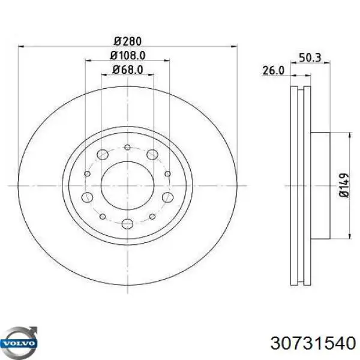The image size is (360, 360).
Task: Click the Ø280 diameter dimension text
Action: click(127, 41)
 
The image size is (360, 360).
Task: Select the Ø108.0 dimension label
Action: click(127, 56)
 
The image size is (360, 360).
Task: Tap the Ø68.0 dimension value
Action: click(127, 70)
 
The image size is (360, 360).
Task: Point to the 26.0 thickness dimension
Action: click(272, 70)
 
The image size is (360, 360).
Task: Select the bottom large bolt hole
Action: click(127, 224)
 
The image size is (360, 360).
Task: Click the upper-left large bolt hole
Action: click(103, 155)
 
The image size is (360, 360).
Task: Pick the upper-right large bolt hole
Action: click(152, 155)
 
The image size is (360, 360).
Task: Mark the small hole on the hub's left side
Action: click(88, 174)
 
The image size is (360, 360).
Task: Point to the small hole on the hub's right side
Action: click(167, 174)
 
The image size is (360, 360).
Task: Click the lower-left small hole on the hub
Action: click(103, 216)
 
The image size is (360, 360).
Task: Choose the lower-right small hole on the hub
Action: click(152, 216)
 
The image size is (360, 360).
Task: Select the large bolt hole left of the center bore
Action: click(88, 198)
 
